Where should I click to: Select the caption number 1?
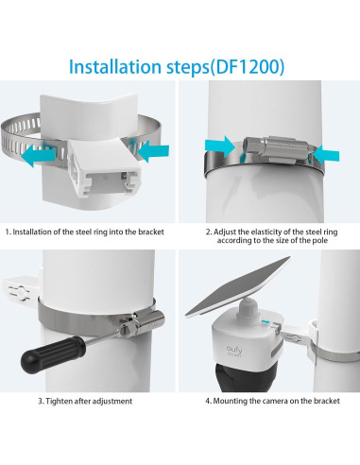tap(7, 232)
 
